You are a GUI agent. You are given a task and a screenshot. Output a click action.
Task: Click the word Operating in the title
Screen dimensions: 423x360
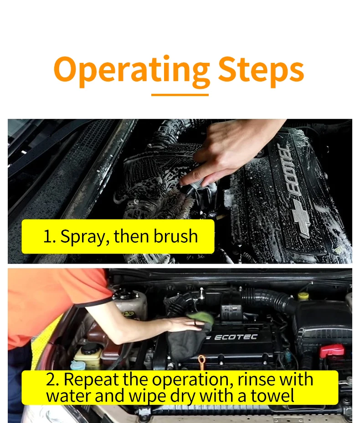click(132, 70)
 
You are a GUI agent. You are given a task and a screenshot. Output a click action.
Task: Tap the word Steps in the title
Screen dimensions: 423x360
click(261, 69)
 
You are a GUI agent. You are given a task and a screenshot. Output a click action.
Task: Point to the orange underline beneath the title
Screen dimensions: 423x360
click(180, 95)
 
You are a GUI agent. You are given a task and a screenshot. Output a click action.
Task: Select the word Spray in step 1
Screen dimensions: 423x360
click(83, 237)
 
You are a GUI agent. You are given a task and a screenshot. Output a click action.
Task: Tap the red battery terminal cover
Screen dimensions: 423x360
click(331, 351)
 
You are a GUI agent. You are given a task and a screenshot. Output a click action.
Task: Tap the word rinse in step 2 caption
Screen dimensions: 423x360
click(257, 379)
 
